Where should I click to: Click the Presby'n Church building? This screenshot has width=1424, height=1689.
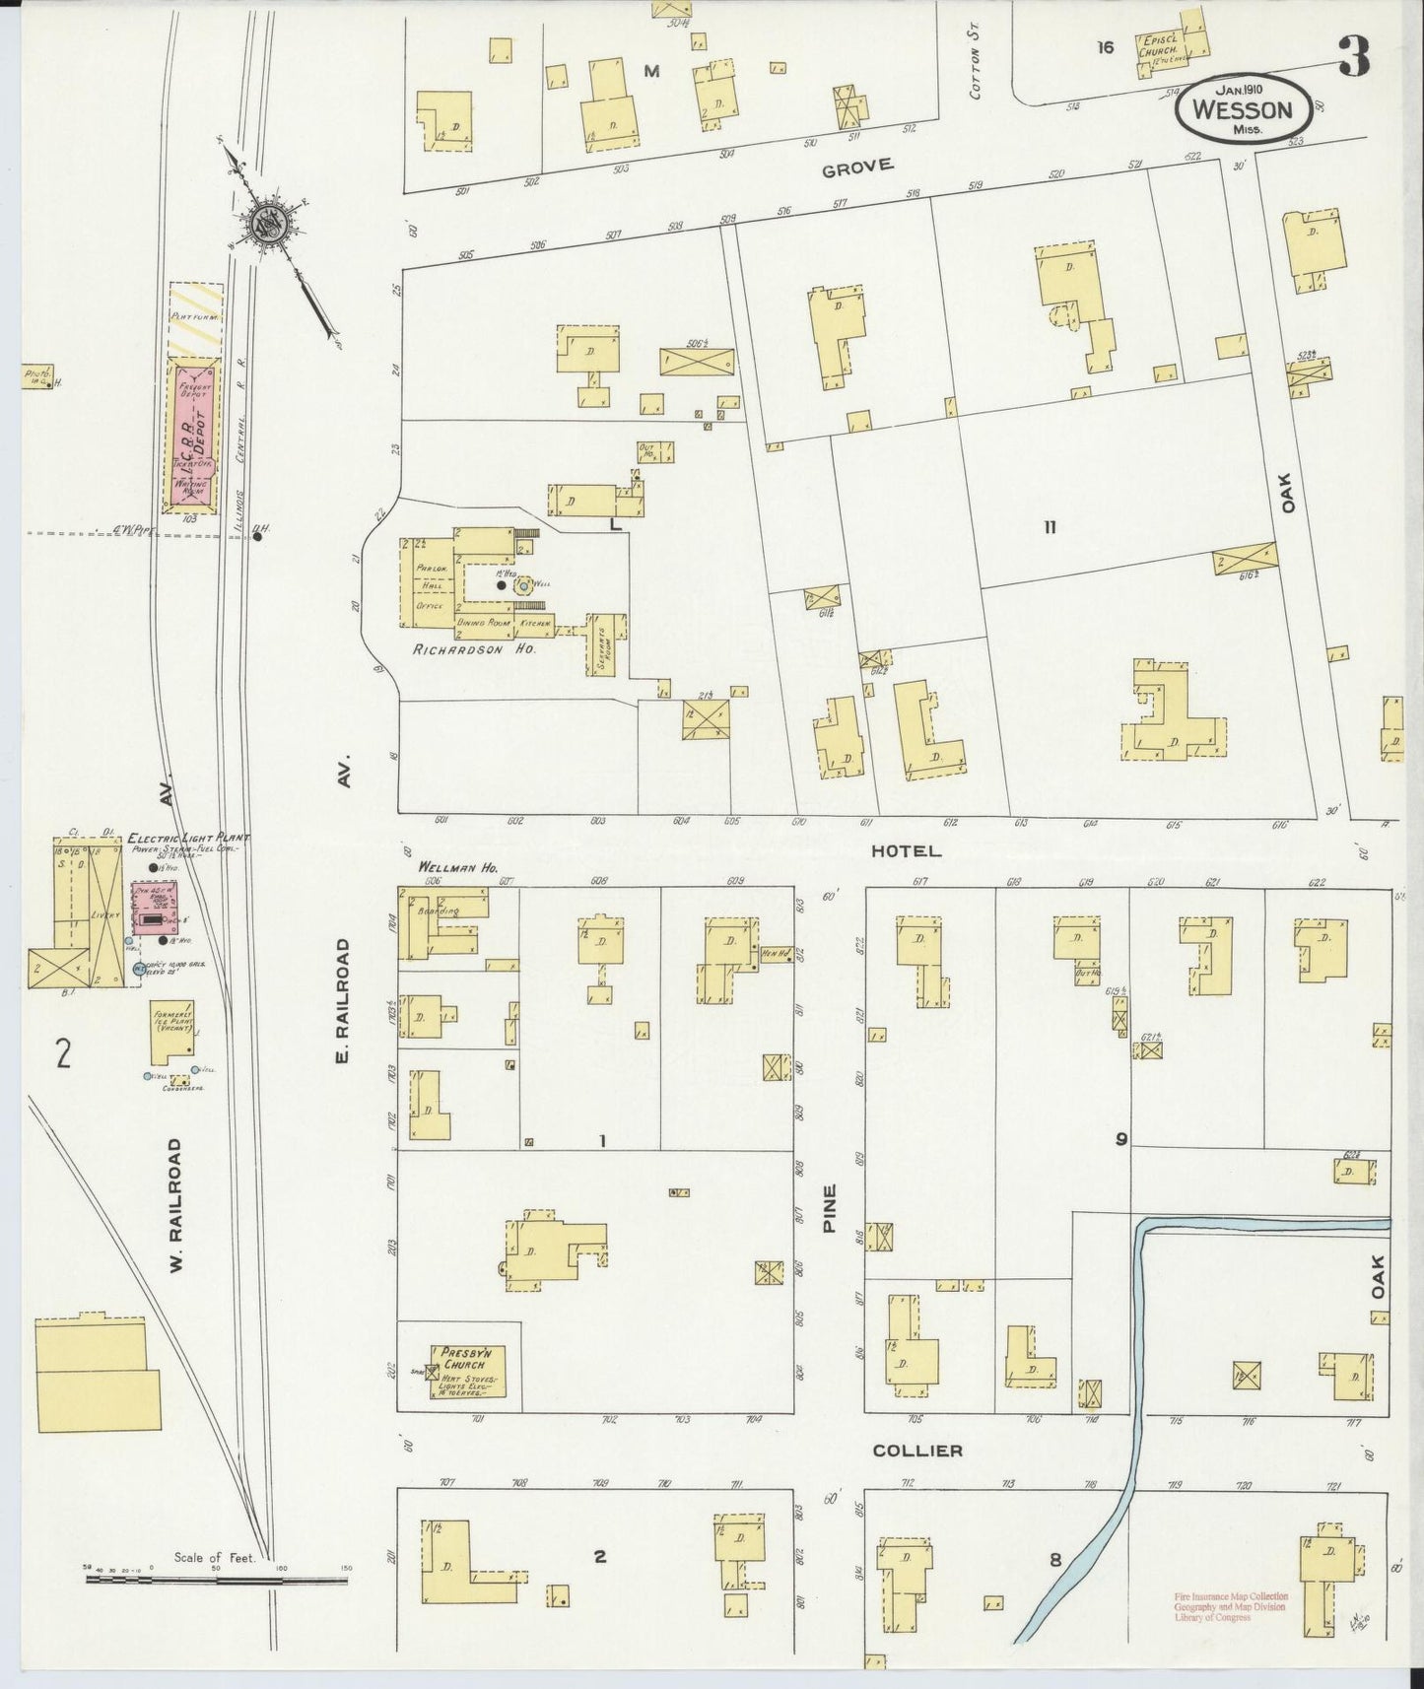click(467, 1371)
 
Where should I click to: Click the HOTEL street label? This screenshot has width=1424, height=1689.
click(906, 850)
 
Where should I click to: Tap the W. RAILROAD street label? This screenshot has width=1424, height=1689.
click(175, 1205)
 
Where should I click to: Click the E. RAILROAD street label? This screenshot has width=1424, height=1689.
click(343, 1000)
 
